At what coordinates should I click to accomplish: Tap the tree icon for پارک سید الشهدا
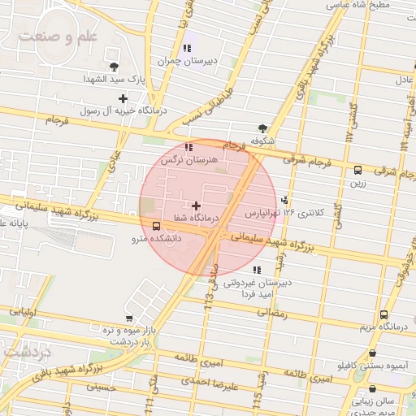tap(113, 67)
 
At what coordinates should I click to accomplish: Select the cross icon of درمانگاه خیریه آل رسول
tap(123, 98)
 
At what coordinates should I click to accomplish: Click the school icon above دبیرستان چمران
tap(188, 48)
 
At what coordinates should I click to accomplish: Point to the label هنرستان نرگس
tap(190, 161)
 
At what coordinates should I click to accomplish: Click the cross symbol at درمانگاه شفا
tap(196, 206)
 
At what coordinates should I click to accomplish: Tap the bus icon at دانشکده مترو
tap(156, 226)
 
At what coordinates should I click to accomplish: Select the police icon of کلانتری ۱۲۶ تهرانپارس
tap(284, 200)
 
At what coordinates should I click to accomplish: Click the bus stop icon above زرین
tap(357, 170)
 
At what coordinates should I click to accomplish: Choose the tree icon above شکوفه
tap(262, 128)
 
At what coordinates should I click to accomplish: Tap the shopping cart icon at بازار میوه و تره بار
tap(129, 318)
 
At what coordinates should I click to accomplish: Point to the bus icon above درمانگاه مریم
tap(383, 314)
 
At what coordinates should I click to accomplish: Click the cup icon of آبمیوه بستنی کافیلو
tap(372, 353)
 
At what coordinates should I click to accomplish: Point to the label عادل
tap(404, 79)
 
